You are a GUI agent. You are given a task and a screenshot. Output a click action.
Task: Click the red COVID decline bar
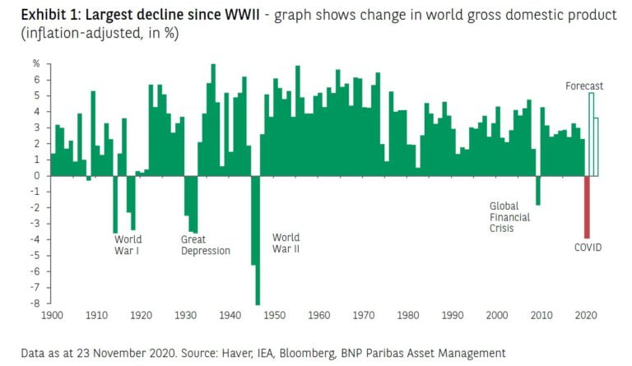click(x=588, y=206)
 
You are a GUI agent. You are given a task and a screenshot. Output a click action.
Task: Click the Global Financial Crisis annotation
click(x=509, y=217)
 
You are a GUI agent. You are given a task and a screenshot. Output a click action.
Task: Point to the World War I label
click(x=127, y=245)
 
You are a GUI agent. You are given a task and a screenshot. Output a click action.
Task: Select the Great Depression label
click(x=205, y=245)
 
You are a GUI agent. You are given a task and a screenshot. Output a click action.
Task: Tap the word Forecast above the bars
click(x=584, y=86)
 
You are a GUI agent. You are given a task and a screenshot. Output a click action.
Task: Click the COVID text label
click(x=588, y=247)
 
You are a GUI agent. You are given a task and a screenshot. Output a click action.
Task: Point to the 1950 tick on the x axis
click(x=275, y=316)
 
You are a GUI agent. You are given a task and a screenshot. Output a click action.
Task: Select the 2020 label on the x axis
click(x=586, y=316)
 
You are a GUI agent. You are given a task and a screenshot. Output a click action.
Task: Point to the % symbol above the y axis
click(x=36, y=63)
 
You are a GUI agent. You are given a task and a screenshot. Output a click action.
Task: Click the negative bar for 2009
click(x=538, y=190)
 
